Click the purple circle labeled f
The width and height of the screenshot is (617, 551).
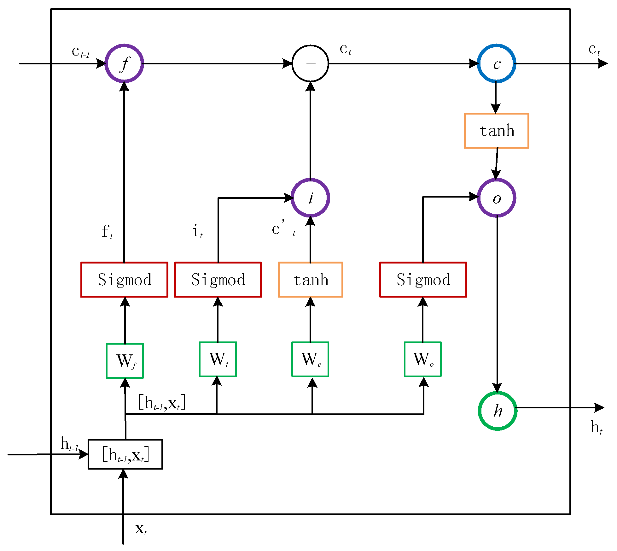coord(124,63)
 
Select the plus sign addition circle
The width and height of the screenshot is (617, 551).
coord(311,63)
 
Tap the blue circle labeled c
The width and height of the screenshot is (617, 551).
coord(497,63)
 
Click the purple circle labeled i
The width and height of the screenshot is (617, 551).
coord(311,198)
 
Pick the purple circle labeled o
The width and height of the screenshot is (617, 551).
coord(497,198)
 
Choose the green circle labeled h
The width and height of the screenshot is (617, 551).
coord(498,411)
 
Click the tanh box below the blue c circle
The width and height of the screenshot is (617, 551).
coord(497,131)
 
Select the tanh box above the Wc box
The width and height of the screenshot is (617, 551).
coord(311,280)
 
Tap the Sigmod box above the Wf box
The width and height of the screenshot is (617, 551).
coord(124,280)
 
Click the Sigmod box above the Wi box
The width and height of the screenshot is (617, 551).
coord(218,280)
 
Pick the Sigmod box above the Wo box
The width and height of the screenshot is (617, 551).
coord(423,280)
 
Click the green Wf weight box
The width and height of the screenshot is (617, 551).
coord(125,361)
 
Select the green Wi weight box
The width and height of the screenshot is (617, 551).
coord(218,359)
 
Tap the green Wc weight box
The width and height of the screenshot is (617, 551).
coord(310,359)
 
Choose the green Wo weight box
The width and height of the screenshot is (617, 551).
coord(423,359)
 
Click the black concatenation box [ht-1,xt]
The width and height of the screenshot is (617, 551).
coord(125,454)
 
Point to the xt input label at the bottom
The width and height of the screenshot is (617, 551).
coord(141,529)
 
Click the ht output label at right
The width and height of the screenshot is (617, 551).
coord(596,428)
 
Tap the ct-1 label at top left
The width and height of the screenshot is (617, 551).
coord(81,52)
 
